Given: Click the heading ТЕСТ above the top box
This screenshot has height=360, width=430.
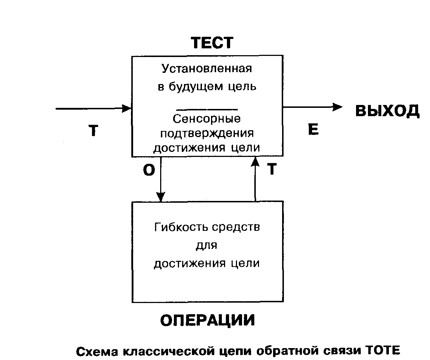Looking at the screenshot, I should pyautogui.click(x=212, y=43).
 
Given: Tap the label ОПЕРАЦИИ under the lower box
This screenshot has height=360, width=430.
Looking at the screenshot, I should pyautogui.click(x=207, y=320).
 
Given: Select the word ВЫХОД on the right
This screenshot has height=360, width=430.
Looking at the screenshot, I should pyautogui.click(x=387, y=111).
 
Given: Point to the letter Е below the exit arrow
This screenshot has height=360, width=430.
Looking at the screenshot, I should pyautogui.click(x=313, y=129).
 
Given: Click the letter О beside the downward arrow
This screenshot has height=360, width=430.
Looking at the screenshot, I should pyautogui.click(x=149, y=171).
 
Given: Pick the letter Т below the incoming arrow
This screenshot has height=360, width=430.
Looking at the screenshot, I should pyautogui.click(x=93, y=131).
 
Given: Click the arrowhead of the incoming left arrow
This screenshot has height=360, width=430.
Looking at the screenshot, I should pyautogui.click(x=127, y=108).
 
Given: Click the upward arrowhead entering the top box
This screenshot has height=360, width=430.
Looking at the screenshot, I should pyautogui.click(x=255, y=161).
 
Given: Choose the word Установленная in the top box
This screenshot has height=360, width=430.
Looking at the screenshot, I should pyautogui.click(x=207, y=69).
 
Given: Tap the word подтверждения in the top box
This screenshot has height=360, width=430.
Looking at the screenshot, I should pyautogui.click(x=207, y=133).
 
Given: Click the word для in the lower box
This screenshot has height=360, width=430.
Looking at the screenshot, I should pyautogui.click(x=207, y=246).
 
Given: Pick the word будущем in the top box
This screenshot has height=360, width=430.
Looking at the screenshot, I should pyautogui.click(x=193, y=87).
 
